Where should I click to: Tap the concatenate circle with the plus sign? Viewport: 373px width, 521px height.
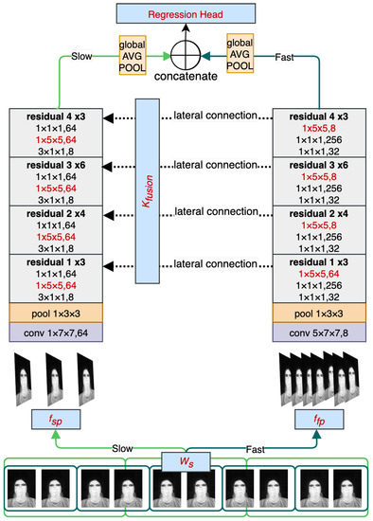(186, 53)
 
